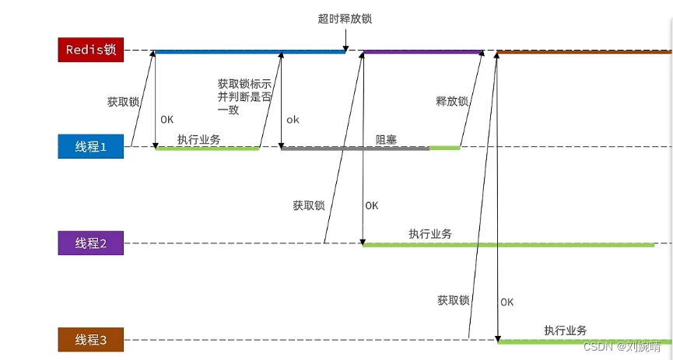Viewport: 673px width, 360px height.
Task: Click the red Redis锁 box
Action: (x=90, y=51)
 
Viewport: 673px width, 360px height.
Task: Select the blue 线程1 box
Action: (x=90, y=146)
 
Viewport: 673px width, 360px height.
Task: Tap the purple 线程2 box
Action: (x=90, y=243)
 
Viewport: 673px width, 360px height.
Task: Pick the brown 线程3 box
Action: (x=90, y=340)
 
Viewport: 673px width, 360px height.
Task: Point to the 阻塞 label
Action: (x=387, y=139)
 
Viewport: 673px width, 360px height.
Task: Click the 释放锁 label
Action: (x=452, y=101)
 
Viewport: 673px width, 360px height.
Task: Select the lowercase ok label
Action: (x=293, y=120)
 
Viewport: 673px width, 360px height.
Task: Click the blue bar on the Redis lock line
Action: (x=249, y=52)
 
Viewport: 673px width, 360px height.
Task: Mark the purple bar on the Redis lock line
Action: (x=422, y=52)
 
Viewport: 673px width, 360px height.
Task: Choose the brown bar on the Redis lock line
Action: (x=584, y=52)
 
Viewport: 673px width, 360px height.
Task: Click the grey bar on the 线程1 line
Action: (x=355, y=147)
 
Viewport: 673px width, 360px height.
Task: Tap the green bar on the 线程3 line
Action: (x=584, y=341)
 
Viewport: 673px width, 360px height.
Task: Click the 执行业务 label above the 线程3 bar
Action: (x=566, y=330)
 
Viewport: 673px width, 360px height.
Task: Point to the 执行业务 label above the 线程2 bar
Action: (x=430, y=234)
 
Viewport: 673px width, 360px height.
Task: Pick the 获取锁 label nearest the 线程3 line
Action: (x=454, y=300)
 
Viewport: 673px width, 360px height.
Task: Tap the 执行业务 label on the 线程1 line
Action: (x=198, y=139)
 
